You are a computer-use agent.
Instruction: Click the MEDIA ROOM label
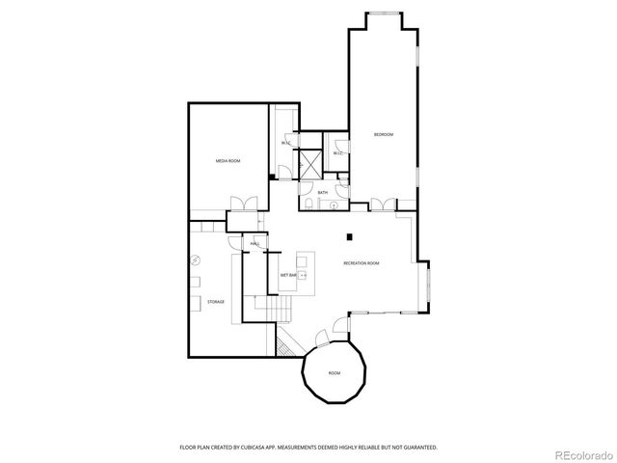tap(228, 161)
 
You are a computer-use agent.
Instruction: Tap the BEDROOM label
tap(385, 134)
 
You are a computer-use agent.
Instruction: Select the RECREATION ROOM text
tap(362, 263)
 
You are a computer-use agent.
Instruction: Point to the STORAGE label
tap(216, 302)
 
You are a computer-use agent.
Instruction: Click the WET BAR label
tap(288, 275)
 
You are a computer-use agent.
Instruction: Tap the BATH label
tap(323, 193)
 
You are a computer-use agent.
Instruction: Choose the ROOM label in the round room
tap(335, 372)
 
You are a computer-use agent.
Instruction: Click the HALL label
tap(255, 244)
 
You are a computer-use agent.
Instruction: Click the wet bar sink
tap(304, 275)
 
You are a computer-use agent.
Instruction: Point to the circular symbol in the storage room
tap(195, 259)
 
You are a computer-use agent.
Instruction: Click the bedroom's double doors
tap(383, 204)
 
